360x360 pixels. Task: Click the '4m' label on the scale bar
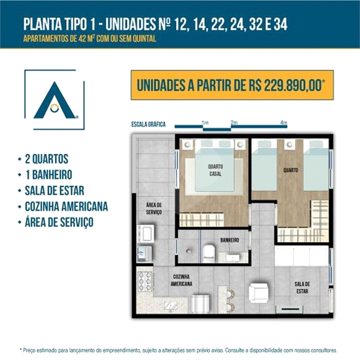[x=283, y=123]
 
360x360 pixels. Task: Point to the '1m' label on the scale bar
[x=205, y=123]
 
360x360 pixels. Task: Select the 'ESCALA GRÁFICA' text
[x=149, y=125]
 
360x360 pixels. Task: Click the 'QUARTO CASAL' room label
[x=215, y=170]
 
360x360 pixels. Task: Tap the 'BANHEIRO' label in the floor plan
[x=230, y=240]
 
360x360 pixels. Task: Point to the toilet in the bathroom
[x=208, y=253]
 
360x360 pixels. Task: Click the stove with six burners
[x=143, y=280]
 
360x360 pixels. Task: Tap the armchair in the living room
[x=258, y=293]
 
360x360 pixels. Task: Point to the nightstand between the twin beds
[x=288, y=144]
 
